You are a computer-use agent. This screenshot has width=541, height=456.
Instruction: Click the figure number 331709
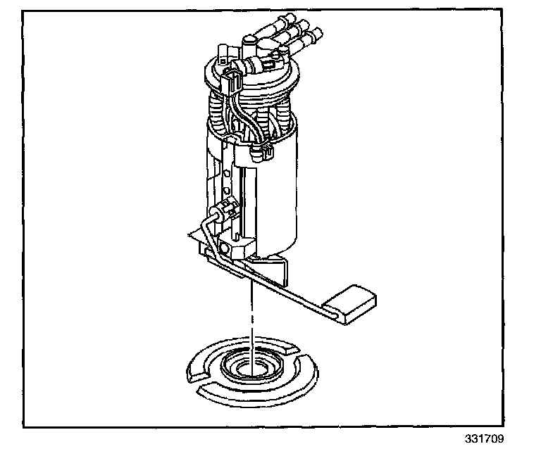485,439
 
